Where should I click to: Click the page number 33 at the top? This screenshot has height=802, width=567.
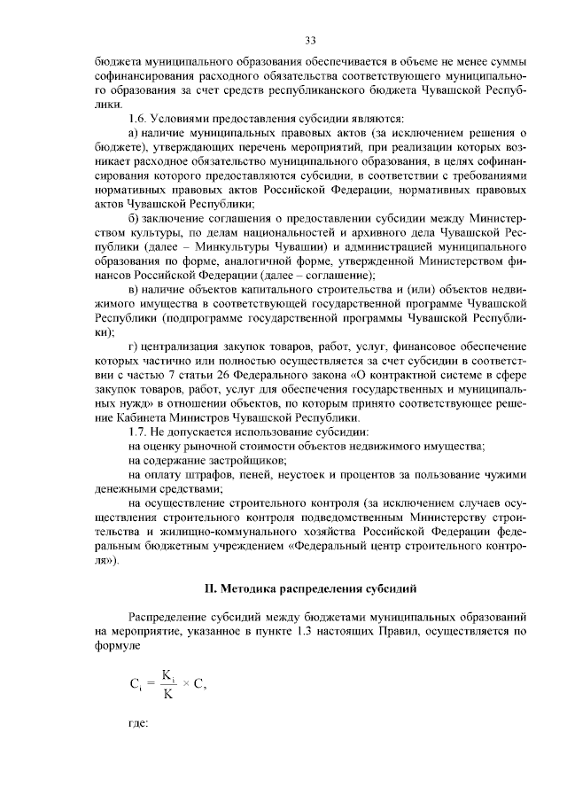[x=310, y=40]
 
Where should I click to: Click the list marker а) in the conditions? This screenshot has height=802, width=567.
[x=133, y=132]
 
